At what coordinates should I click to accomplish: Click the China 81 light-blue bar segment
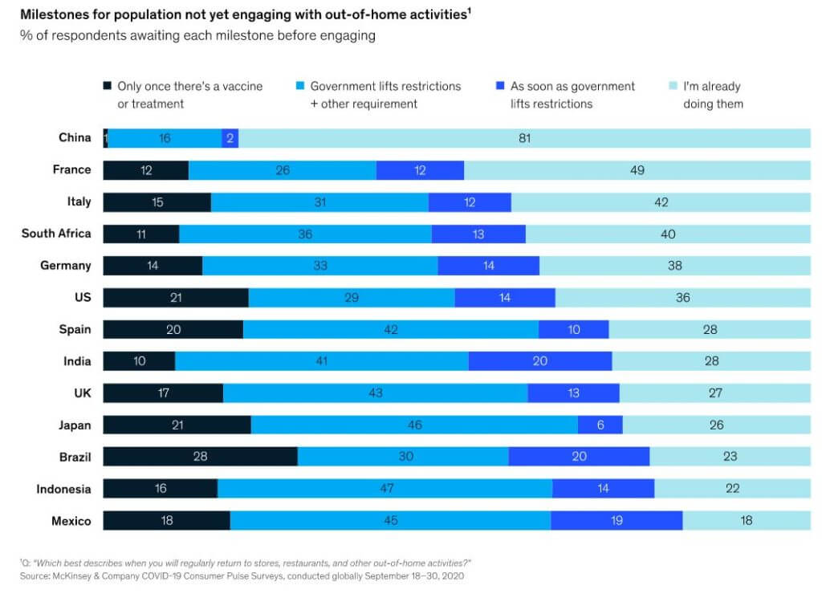click(x=524, y=138)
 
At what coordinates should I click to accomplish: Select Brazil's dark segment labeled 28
click(x=200, y=456)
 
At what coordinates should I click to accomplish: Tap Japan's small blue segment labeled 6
click(x=600, y=425)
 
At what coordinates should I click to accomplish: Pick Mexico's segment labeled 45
click(x=391, y=520)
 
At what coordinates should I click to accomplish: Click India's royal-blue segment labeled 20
click(x=540, y=360)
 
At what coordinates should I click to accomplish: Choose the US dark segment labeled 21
click(x=176, y=297)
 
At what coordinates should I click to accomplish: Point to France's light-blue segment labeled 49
click(x=637, y=170)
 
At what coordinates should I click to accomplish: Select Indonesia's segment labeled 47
click(x=385, y=488)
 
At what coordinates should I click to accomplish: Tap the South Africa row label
click(x=56, y=234)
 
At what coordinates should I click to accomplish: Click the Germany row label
click(x=66, y=265)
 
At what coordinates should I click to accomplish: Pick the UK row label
click(x=83, y=393)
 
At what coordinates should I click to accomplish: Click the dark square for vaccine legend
click(x=107, y=85)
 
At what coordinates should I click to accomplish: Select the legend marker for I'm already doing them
click(x=673, y=85)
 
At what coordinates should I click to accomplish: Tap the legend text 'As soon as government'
click(x=572, y=86)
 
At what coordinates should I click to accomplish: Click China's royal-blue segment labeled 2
click(x=230, y=138)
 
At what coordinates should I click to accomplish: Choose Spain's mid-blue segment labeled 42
click(x=391, y=329)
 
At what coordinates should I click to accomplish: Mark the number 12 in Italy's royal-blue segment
click(x=469, y=202)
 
